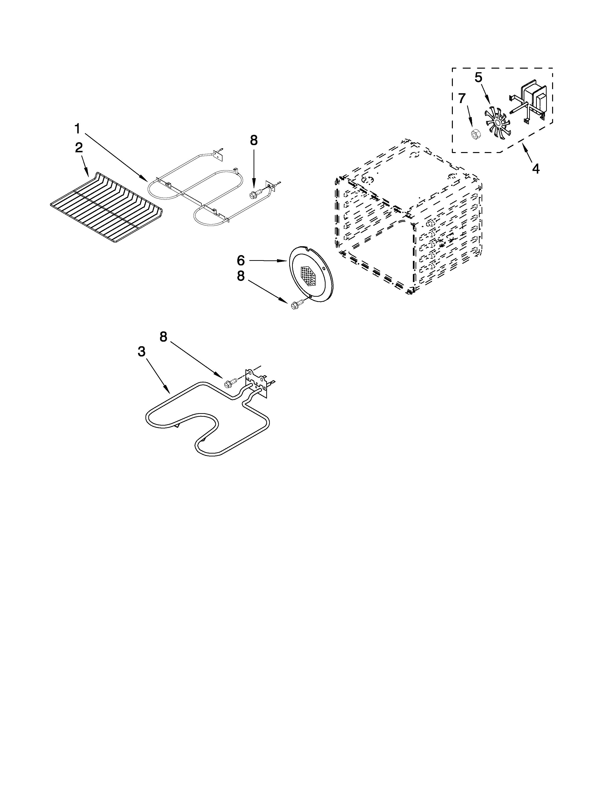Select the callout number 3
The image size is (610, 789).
[141, 351]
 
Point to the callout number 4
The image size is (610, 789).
[536, 168]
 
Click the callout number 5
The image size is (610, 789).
[478, 77]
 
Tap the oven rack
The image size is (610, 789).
[107, 208]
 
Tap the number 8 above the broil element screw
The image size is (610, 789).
[254, 141]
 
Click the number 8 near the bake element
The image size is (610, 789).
[164, 337]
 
